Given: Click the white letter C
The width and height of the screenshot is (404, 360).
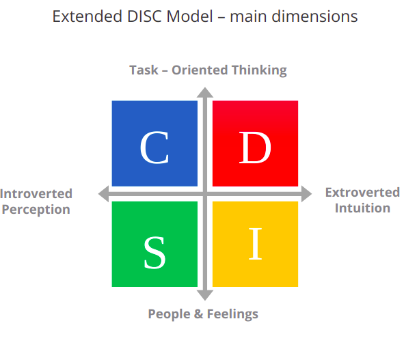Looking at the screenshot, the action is click(154, 148).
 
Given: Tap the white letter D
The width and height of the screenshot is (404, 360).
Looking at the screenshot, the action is click(255, 148).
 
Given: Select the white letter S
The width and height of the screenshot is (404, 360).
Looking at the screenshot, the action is click(154, 253).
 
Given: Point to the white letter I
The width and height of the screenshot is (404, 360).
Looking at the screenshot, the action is click(256, 244).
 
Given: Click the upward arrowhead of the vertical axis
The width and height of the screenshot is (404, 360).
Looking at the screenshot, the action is click(205, 93).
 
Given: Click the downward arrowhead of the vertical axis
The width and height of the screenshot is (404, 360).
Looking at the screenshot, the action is click(205, 295).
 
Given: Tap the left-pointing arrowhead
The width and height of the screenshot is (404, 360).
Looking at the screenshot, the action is click(104, 194).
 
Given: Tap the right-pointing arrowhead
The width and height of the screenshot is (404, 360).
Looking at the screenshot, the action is click(307, 194).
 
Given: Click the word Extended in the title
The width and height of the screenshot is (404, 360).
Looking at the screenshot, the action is click(87, 16).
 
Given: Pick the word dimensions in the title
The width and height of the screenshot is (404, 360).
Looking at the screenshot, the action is click(314, 16).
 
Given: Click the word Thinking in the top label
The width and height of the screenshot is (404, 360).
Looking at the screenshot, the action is click(259, 70).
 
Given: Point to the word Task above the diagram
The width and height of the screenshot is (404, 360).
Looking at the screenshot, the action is click(144, 70).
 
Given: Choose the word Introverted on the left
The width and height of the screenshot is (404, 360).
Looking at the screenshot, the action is click(36, 193).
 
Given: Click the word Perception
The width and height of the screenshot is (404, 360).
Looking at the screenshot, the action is click(36, 210).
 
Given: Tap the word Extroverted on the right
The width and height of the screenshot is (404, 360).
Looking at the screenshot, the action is click(362, 193).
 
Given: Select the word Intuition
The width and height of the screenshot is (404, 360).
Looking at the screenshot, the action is click(362, 208).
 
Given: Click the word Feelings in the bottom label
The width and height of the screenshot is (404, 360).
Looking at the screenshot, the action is click(232, 314).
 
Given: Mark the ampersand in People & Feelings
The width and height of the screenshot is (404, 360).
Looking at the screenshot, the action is click(198, 314).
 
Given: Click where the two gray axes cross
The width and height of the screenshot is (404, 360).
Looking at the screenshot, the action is click(205, 194).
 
